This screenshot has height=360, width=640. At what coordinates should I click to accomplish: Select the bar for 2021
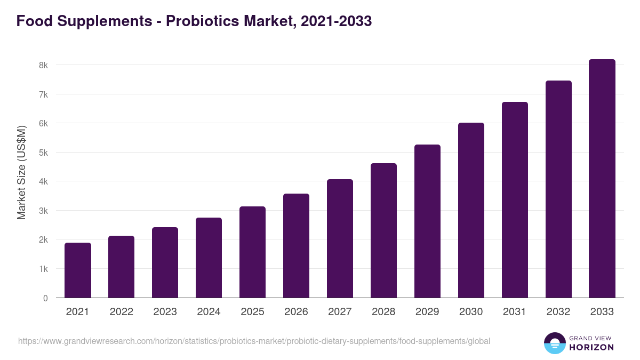(78, 270)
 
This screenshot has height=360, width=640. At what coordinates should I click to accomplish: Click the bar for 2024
(209, 258)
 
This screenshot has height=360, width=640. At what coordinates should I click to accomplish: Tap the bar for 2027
(340, 238)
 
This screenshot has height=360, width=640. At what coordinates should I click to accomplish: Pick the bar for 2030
(471, 210)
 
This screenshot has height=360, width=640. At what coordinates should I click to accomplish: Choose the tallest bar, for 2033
(602, 179)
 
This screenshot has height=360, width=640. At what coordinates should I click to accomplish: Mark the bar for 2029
(427, 221)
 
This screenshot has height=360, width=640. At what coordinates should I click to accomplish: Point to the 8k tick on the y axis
(43, 65)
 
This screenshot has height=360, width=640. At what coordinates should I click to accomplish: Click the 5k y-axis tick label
(43, 153)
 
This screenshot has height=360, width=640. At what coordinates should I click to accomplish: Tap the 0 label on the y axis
(45, 298)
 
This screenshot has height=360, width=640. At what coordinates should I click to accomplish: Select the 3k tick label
(43, 211)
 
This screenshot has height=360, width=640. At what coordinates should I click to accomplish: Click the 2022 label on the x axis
(122, 312)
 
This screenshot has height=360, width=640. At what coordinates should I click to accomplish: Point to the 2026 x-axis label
(296, 312)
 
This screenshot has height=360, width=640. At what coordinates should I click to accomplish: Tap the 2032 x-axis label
(558, 312)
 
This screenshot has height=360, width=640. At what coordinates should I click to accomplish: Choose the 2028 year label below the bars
(383, 312)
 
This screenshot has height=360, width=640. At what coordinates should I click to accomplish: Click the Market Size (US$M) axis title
(21, 173)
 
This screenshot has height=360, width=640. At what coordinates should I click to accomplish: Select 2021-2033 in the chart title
(336, 21)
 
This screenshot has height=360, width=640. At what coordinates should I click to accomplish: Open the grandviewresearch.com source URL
(254, 341)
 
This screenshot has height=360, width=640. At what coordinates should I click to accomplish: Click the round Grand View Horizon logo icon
(554, 343)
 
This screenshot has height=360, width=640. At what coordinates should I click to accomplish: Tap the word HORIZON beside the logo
(592, 347)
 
